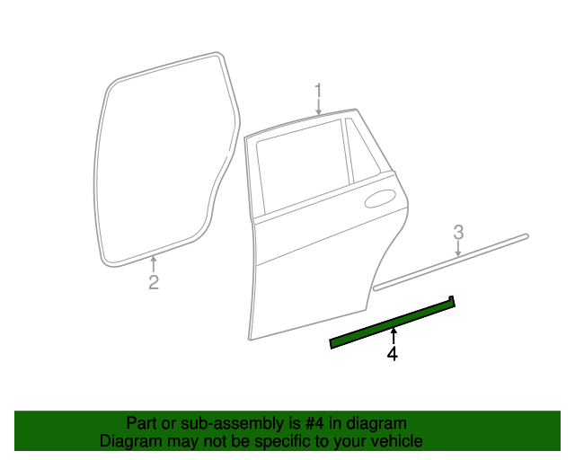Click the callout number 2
(154, 283)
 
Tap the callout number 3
(458, 232)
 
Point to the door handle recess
(381, 199)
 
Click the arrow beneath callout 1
(318, 108)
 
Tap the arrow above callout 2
(154, 264)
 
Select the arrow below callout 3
(458, 250)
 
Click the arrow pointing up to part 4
(393, 337)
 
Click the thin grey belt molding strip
(449, 262)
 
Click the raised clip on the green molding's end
(451, 299)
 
